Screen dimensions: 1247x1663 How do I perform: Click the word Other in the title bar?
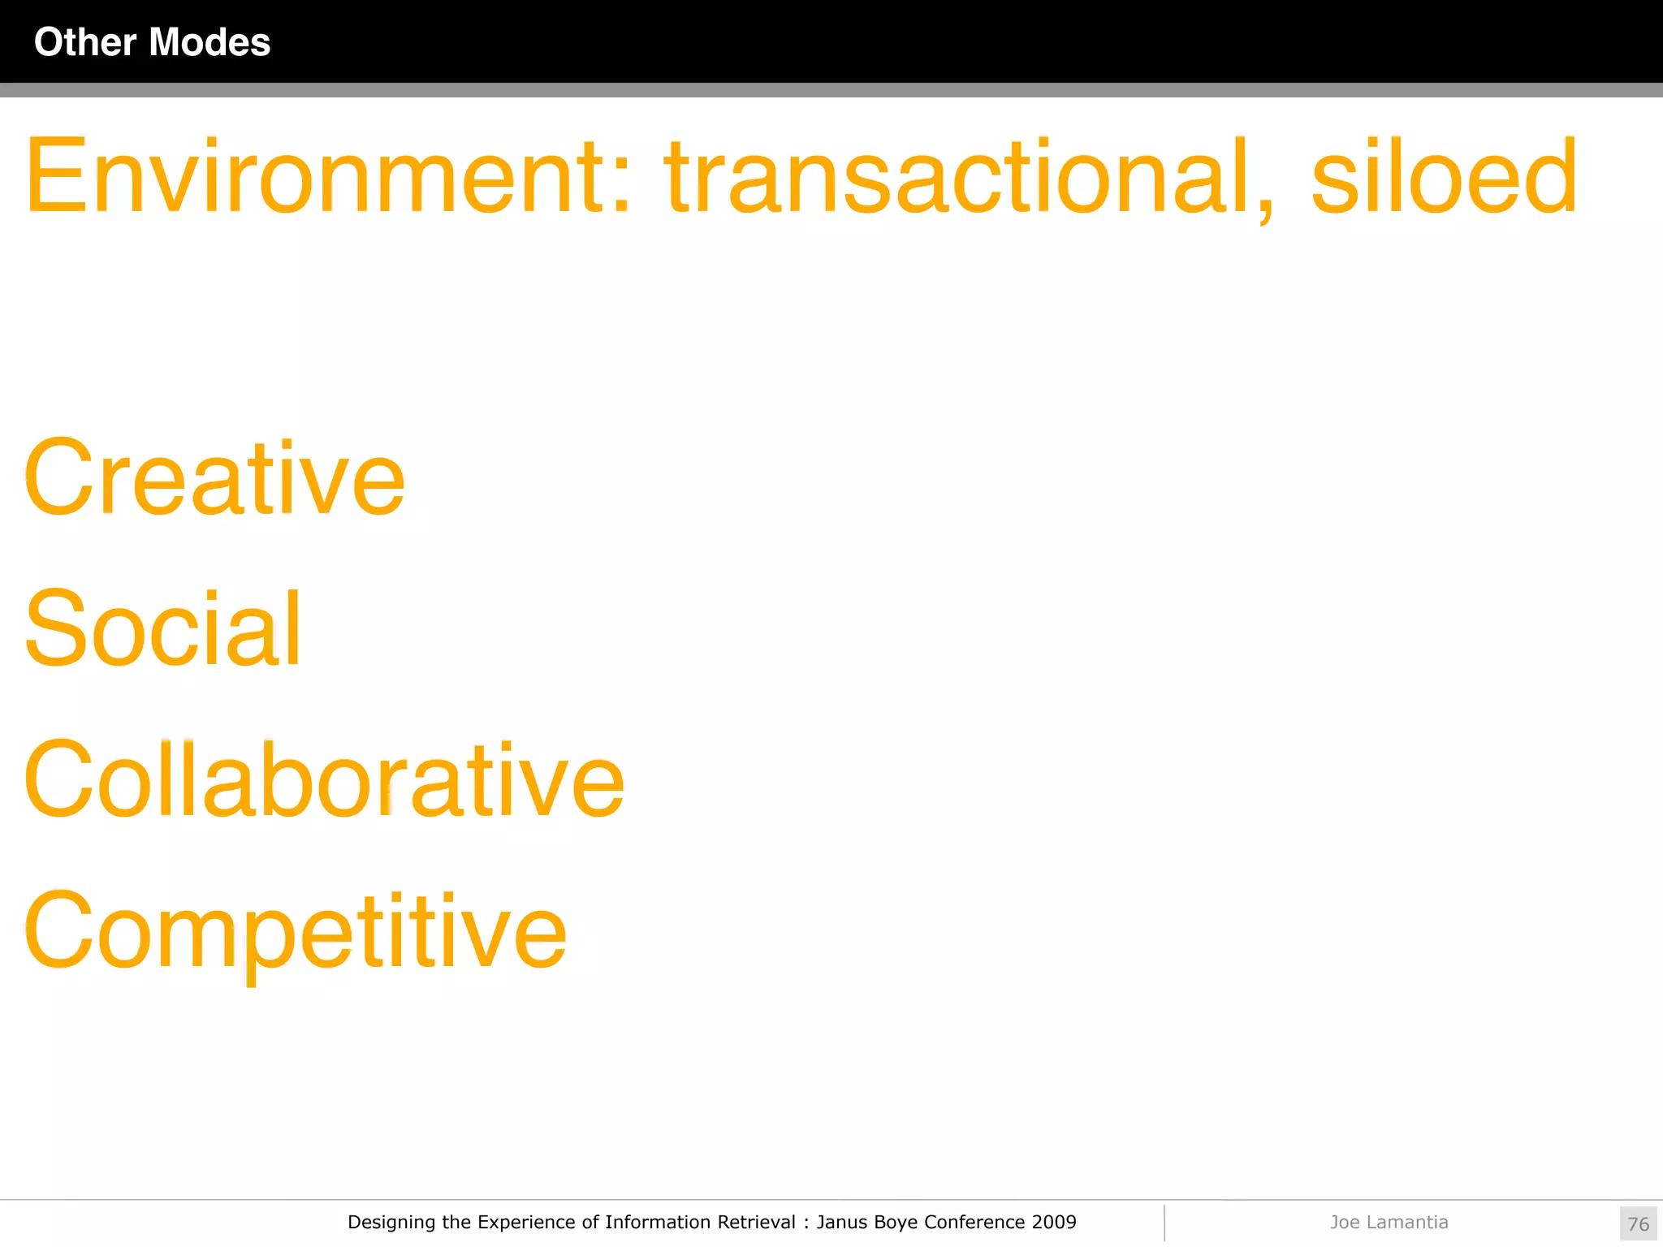(x=85, y=42)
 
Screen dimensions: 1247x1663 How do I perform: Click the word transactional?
(x=958, y=177)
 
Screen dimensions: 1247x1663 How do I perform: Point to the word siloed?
(x=1444, y=177)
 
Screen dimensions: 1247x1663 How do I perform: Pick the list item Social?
(x=163, y=629)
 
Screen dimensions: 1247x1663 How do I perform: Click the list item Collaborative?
(x=324, y=780)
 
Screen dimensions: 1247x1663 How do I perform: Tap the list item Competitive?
(x=296, y=931)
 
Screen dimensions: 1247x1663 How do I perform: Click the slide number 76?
(x=1638, y=1223)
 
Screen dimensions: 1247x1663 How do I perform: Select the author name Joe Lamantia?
(x=1389, y=1222)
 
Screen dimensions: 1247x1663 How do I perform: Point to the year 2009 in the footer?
(x=1054, y=1222)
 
